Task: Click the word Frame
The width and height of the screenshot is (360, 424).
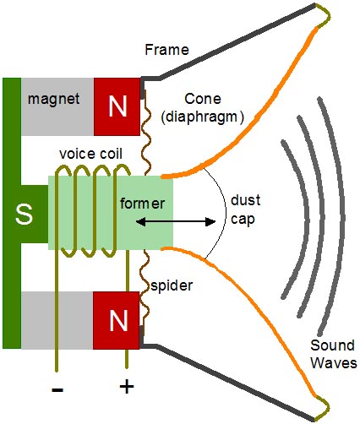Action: click(x=166, y=50)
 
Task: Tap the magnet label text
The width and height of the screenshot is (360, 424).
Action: click(x=53, y=99)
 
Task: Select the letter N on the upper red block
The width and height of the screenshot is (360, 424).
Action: click(x=117, y=106)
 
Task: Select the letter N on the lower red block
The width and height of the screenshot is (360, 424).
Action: click(x=118, y=320)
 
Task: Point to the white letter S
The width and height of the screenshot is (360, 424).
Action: click(x=24, y=215)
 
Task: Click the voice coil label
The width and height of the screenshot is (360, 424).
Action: click(x=90, y=154)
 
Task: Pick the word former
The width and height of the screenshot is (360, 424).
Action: click(x=143, y=204)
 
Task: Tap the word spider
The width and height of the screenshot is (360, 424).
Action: click(x=172, y=286)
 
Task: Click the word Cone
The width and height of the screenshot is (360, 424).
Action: click(x=203, y=99)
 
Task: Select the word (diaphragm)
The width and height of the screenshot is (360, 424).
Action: click(x=202, y=117)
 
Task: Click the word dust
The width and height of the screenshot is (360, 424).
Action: click(x=245, y=200)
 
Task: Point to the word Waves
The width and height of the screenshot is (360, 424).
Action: click(x=334, y=363)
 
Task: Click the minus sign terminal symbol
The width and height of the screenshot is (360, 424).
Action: click(x=57, y=389)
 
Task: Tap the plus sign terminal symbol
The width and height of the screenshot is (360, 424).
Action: click(x=127, y=386)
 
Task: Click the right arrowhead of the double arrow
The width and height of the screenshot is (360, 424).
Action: click(x=210, y=222)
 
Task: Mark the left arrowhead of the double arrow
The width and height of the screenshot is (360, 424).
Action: click(x=141, y=222)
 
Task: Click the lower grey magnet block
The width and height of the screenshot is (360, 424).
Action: click(x=57, y=320)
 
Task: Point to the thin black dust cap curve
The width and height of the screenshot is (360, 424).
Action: click(x=226, y=213)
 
